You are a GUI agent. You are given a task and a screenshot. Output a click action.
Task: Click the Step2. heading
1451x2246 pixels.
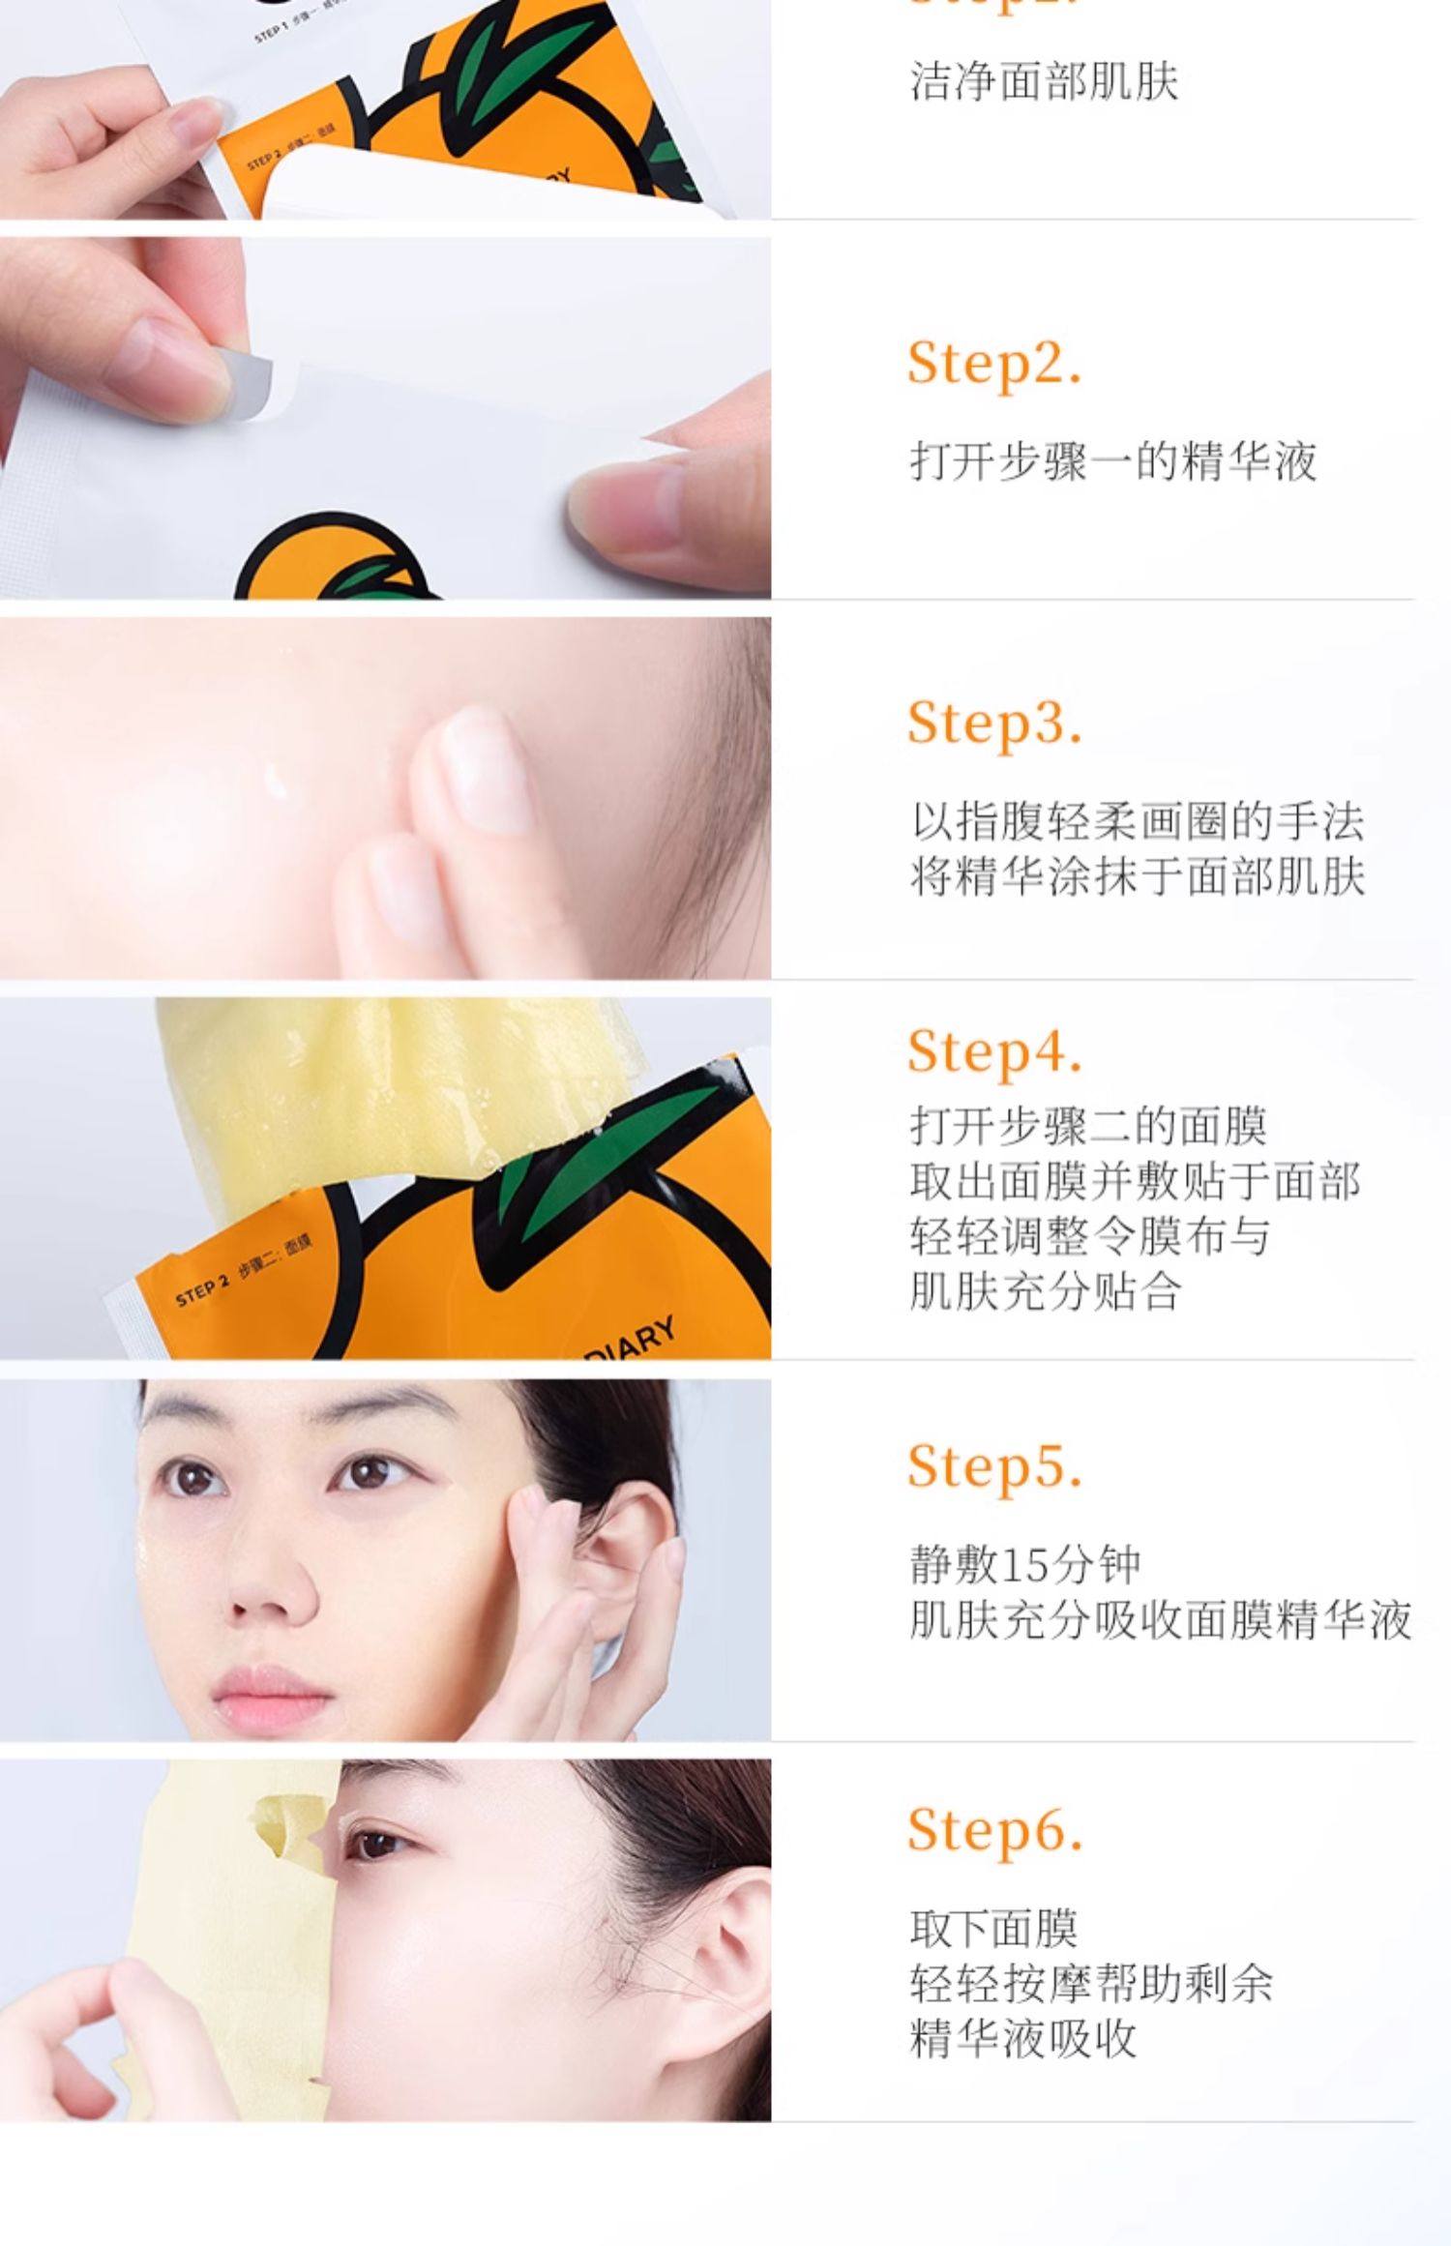(x=993, y=365)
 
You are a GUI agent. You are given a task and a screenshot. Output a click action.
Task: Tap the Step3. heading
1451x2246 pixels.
(x=993, y=724)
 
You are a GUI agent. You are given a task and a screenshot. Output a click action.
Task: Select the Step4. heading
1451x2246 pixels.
(x=993, y=1051)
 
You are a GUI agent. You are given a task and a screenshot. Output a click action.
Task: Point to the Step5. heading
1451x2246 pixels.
(x=993, y=1466)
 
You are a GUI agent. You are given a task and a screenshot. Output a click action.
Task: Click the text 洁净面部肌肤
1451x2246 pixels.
(x=1044, y=81)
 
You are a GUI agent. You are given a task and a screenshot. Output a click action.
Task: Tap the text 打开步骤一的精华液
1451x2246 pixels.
(x=1112, y=461)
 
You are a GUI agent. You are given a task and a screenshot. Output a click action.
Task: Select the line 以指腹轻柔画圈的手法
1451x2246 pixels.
(x=1137, y=822)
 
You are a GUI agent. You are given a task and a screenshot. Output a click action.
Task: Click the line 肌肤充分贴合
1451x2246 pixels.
(x=1045, y=1291)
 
